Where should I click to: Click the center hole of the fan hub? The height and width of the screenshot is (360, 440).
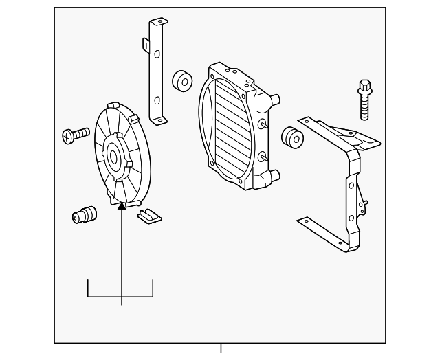113,157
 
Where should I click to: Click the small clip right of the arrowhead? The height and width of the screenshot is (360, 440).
148,216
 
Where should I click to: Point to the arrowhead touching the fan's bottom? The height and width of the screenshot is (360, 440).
122,205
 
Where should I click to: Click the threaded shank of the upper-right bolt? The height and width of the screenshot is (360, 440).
364,109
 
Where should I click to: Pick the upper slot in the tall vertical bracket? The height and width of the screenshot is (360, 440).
157,54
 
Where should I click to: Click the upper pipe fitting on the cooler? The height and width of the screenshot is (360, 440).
275,101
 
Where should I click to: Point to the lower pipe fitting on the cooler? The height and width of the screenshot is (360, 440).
274,177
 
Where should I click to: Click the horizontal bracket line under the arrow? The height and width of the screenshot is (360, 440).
120,297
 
